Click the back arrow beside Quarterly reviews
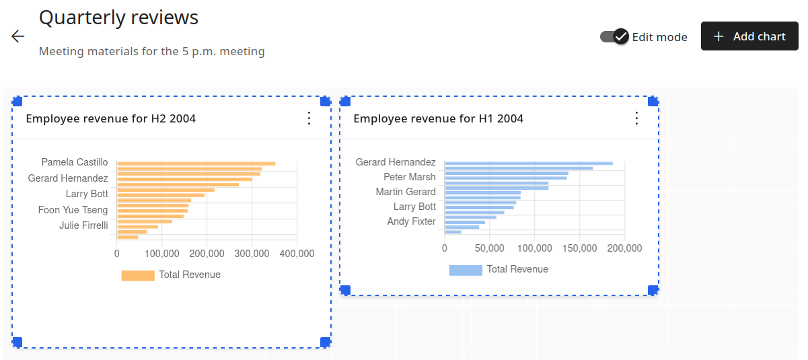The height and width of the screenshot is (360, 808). pyautogui.click(x=18, y=36)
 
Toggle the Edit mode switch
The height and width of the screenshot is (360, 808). pyautogui.click(x=614, y=36)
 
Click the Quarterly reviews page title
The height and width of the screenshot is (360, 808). pyautogui.click(x=118, y=17)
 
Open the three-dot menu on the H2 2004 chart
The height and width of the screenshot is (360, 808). pyautogui.click(x=309, y=118)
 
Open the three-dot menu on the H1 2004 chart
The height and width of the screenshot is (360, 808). pyautogui.click(x=636, y=118)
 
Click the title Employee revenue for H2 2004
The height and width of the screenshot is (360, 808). pyautogui.click(x=110, y=118)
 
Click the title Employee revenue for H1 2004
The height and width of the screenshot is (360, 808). pyautogui.click(x=438, y=118)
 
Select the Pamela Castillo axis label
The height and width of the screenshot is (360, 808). pyautogui.click(x=74, y=162)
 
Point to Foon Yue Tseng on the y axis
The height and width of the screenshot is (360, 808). pyautogui.click(x=73, y=210)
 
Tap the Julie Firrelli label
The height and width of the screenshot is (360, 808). pyautogui.click(x=83, y=225)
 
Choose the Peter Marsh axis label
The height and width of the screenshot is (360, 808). pyautogui.click(x=409, y=177)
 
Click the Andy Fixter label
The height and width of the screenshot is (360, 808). pyautogui.click(x=411, y=221)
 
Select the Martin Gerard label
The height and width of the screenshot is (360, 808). pyautogui.click(x=405, y=192)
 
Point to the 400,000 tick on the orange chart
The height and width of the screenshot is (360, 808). pyautogui.click(x=297, y=254)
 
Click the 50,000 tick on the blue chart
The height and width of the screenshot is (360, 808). pyautogui.click(x=489, y=248)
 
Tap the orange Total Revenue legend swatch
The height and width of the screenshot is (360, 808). pyautogui.click(x=138, y=275)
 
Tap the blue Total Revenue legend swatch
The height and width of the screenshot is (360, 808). pyautogui.click(x=466, y=270)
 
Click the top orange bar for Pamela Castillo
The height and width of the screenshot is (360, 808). pyautogui.click(x=196, y=164)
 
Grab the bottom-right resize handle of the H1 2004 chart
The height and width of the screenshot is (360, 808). pyautogui.click(x=653, y=290)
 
